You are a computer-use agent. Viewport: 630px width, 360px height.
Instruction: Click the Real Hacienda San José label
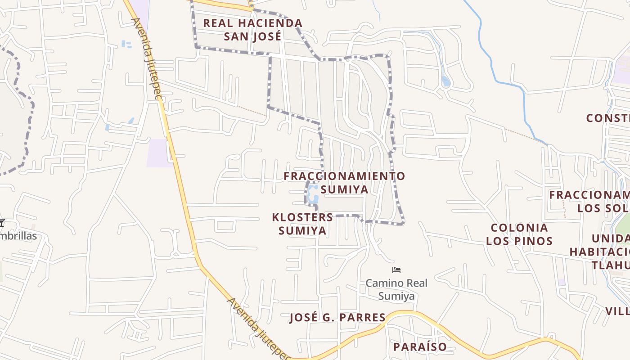[252, 29]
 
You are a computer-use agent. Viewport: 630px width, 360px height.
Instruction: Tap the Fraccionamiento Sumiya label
[344, 182]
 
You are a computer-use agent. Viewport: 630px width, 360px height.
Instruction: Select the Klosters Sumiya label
[302, 224]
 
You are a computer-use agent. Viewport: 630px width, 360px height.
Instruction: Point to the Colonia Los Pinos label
[519, 234]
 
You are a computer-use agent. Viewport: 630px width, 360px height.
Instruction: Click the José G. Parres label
[337, 318]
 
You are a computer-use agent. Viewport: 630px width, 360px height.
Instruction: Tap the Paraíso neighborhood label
[420, 347]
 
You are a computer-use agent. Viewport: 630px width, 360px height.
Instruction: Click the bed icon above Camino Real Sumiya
[396, 270]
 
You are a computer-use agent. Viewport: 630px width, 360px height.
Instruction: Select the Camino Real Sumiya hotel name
[396, 289]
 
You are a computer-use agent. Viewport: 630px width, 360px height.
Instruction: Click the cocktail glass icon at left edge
[2, 223]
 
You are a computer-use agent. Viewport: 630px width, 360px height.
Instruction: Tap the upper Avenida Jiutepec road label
[146, 58]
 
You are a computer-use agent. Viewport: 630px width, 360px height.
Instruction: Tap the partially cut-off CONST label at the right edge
[607, 118]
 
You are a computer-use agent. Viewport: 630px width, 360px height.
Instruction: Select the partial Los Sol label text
[603, 208]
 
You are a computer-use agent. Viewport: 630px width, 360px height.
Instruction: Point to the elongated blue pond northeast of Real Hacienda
[445, 81]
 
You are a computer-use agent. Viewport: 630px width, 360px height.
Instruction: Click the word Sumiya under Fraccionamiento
[345, 189]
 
